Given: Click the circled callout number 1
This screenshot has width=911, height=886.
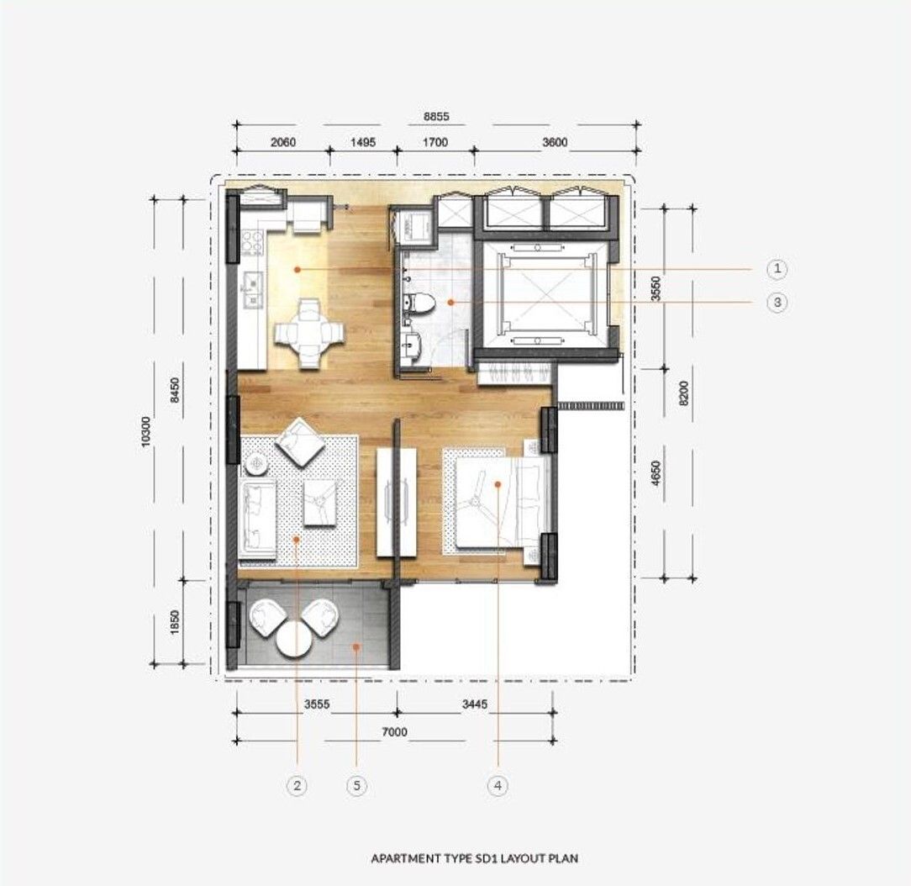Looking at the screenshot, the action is point(777,268).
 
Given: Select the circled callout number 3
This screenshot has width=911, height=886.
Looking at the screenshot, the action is point(777,302).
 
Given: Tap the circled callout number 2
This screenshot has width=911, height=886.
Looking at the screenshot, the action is point(297,786).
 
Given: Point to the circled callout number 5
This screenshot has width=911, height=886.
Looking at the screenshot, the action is point(356,786).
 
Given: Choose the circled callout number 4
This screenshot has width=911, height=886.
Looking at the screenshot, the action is point(498,786).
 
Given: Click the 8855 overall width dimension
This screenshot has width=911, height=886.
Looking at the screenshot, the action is point(436,116).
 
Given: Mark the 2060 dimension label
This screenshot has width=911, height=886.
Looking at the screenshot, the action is point(283,142).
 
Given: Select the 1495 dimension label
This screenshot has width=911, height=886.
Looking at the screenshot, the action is point(363,142).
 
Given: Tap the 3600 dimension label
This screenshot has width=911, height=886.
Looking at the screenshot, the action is point(555,142).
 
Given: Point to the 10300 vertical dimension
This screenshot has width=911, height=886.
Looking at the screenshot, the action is point(145,431).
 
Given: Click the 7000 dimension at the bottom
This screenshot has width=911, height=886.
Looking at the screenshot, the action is point(394,732).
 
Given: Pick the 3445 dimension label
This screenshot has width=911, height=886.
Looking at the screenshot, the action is point(475,704).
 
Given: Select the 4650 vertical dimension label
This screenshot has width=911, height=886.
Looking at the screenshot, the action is point(656,473).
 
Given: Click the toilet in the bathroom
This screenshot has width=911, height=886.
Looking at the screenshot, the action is point(419,303).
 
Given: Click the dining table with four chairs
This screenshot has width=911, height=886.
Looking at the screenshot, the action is point(308,334).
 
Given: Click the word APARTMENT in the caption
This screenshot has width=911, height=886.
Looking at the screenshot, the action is point(405,858).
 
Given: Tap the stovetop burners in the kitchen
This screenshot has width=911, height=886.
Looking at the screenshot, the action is point(251,242).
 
